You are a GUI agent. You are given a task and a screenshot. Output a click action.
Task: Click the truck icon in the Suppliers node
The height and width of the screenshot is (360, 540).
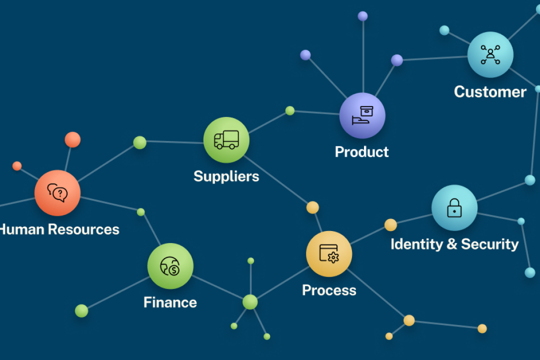click(226, 140)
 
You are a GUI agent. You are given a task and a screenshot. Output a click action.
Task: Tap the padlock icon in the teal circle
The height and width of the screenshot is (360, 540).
click(454, 207)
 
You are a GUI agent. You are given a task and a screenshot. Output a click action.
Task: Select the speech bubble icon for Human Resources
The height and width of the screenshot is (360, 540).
click(57, 192)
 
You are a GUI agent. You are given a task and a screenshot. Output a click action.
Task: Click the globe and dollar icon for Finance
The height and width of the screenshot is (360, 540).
click(170, 266)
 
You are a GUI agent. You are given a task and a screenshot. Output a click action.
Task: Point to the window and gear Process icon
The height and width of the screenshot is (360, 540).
click(329, 253)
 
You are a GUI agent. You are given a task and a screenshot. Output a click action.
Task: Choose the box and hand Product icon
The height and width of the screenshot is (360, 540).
click(362, 115)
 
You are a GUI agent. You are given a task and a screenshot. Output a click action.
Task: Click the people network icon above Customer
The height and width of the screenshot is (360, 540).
click(490, 54)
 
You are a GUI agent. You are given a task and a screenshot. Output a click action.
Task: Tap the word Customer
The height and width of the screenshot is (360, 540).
click(490, 92)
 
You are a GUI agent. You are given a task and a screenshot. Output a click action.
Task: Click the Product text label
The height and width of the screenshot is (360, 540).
click(361, 152)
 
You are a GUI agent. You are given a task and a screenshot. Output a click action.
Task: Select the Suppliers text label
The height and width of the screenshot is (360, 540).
click(226, 176)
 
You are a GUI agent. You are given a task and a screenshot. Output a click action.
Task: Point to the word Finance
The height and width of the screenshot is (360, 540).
click(170, 302)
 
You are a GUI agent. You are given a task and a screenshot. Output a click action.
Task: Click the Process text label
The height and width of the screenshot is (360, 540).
click(329, 290)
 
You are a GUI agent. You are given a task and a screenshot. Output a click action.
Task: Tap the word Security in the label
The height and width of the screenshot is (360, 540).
click(489, 244)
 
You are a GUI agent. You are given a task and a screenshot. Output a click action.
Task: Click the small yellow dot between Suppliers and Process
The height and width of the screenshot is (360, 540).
click(312, 207)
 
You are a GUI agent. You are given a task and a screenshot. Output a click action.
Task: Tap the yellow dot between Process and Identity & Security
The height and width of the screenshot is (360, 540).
click(390, 225)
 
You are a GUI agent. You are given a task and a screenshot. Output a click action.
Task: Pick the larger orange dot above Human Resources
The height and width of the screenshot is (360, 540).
click(72, 139)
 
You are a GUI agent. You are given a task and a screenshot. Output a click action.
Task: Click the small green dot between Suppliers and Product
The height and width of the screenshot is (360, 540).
click(290, 110)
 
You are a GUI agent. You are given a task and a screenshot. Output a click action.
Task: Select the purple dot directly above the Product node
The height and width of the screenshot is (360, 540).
click(362, 16)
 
